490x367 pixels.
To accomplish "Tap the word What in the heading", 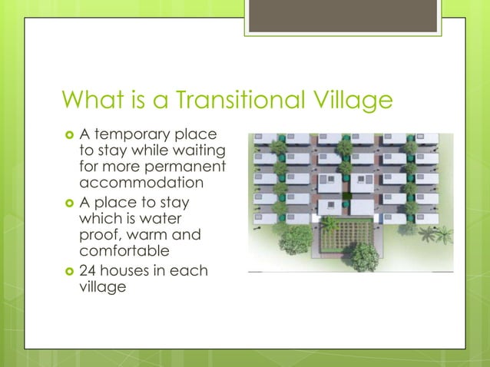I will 91,101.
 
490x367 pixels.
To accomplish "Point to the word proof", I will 98,234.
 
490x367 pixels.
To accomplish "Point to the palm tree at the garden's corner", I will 329,223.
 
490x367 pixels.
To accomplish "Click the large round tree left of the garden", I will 296,239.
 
